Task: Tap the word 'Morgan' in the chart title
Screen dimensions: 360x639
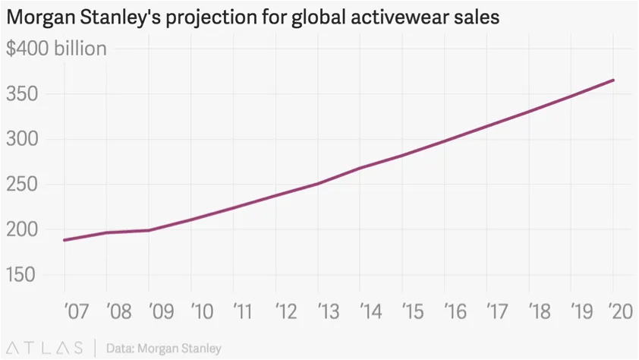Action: [36, 17]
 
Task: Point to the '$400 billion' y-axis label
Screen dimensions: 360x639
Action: [56, 49]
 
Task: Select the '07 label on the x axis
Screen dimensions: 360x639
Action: [76, 311]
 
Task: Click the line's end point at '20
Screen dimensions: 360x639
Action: [613, 80]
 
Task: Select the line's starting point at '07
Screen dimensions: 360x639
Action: [65, 240]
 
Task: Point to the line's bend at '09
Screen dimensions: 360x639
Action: [149, 230]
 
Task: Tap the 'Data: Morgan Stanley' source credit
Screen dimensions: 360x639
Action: [164, 349]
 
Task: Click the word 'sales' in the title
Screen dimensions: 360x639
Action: [475, 17]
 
